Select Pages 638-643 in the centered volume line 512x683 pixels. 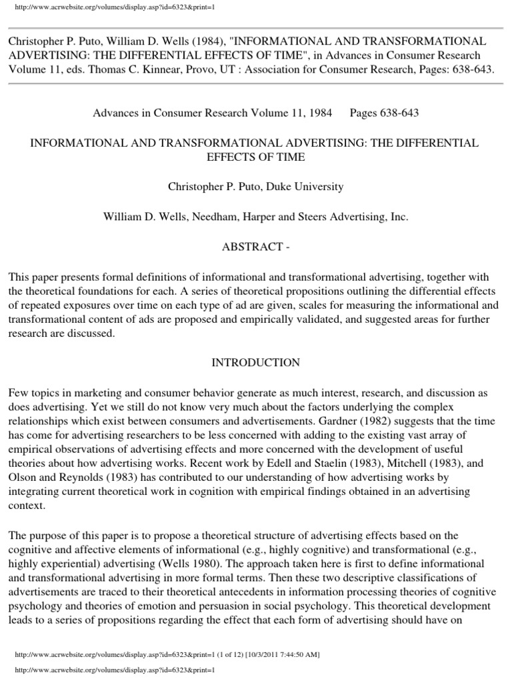coord(384,113)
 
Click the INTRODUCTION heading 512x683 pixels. coord(256,363)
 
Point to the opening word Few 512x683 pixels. coord(18,393)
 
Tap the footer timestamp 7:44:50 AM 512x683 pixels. coord(289,655)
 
